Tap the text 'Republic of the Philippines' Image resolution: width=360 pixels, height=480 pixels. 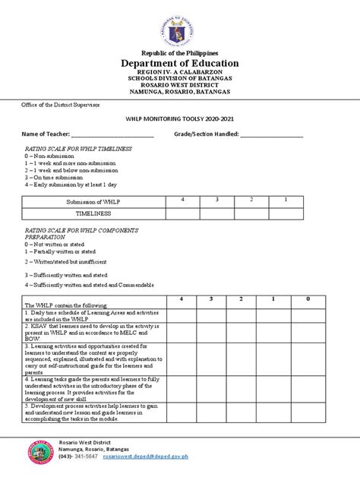[x=180, y=50]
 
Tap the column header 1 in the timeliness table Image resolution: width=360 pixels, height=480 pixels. [x=286, y=199]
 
